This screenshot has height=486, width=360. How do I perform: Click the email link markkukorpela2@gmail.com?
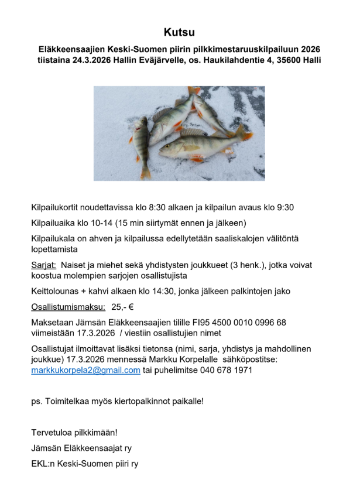point(85,370)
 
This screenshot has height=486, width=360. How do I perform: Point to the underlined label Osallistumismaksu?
point(68,306)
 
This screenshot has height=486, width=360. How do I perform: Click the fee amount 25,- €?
point(122,306)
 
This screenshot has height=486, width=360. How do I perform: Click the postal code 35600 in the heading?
point(280,60)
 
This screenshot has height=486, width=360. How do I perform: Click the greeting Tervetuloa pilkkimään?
point(74,433)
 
